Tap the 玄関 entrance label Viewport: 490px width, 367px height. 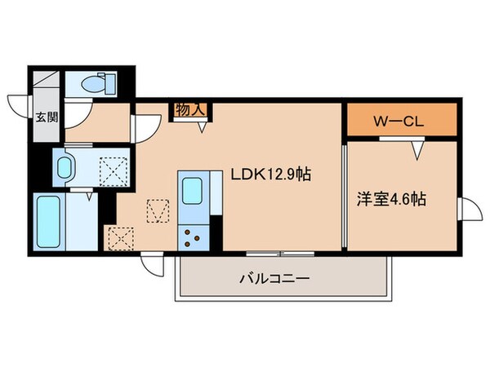tap(46, 117)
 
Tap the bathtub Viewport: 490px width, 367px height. tap(49, 220)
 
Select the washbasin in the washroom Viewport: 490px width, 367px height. tap(66, 167)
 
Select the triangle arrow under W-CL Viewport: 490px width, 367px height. tap(418, 149)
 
